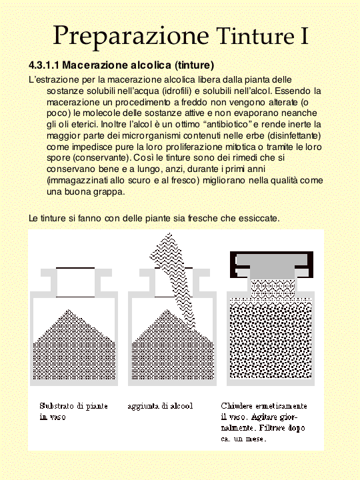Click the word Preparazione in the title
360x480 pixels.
pyautogui.click(x=131, y=37)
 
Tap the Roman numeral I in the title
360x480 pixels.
pyautogui.click(x=304, y=36)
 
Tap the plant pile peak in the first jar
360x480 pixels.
pyautogui.click(x=69, y=311)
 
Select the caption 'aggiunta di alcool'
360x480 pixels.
pyautogui.click(x=161, y=406)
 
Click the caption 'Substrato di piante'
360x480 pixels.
pyautogui.click(x=74, y=406)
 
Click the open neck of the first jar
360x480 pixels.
pyautogui.click(x=75, y=282)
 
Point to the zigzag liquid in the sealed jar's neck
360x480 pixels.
pyautogui.click(x=273, y=288)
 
